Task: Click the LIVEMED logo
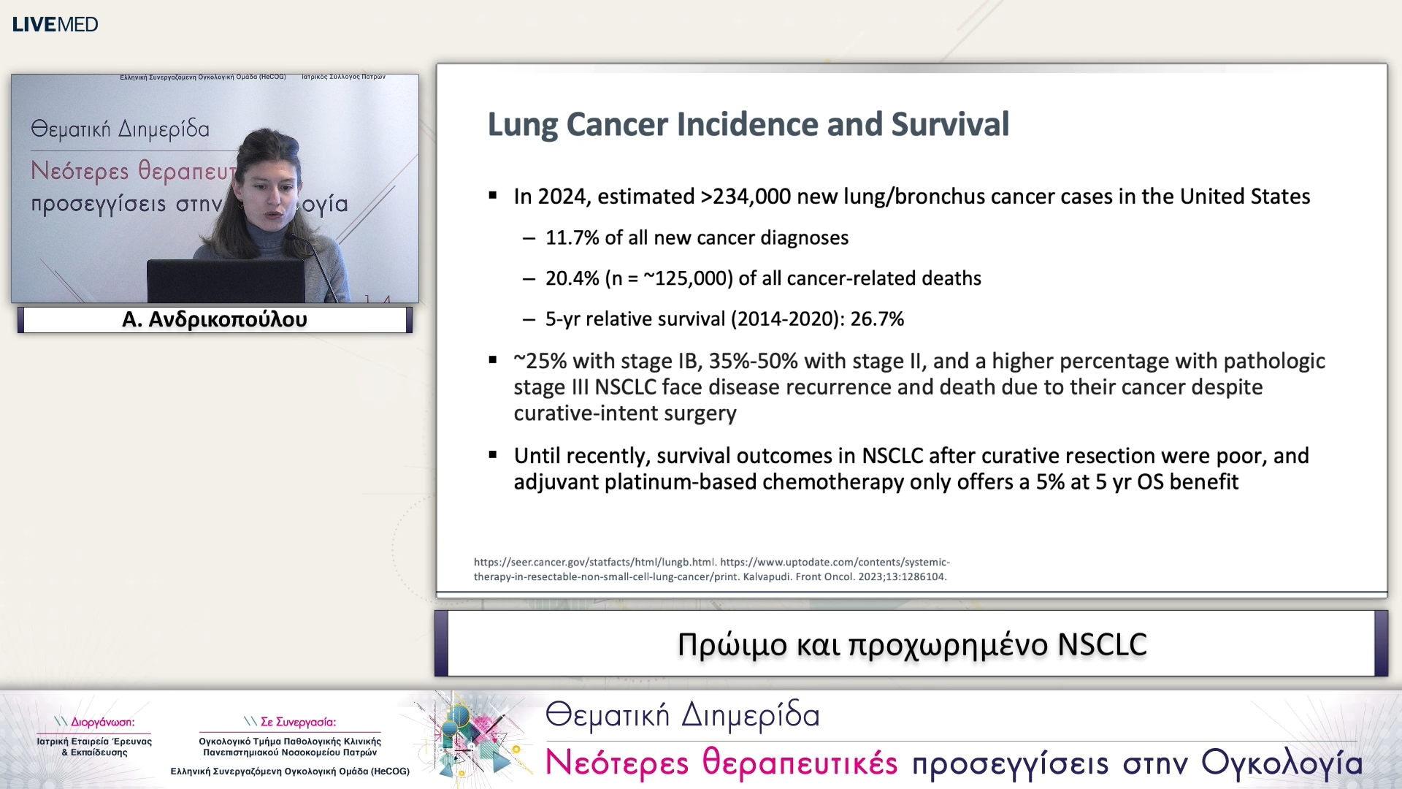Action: coord(55,24)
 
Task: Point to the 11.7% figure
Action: coord(572,238)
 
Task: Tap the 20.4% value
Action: coord(572,278)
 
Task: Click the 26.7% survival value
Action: coord(877,319)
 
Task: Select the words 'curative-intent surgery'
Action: coord(625,413)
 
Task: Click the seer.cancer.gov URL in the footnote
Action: coord(594,563)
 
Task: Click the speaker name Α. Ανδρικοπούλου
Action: coord(215,320)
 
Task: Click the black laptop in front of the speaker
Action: coord(226,281)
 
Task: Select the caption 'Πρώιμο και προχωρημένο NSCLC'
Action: coord(911,644)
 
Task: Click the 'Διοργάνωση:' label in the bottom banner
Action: coord(101,722)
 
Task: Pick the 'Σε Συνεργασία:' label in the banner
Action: coord(297,722)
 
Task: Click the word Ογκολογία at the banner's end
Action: coord(1282,763)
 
